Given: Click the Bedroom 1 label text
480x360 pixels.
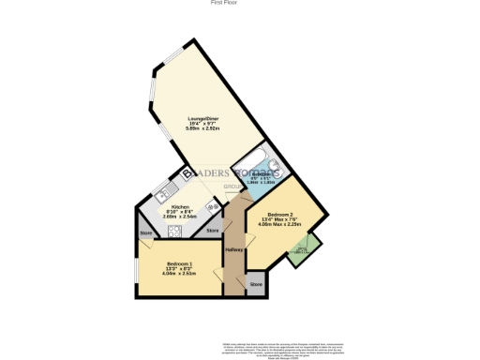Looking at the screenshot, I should [180, 263].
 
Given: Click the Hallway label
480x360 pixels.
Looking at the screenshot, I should [234, 249].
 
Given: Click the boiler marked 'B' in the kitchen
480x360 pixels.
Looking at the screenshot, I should [187, 173].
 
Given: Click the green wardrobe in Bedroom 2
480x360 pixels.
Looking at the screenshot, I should [302, 250].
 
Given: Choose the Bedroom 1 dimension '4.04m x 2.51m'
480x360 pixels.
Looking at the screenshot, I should [180, 274].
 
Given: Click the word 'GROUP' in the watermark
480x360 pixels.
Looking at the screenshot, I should [232, 187].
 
